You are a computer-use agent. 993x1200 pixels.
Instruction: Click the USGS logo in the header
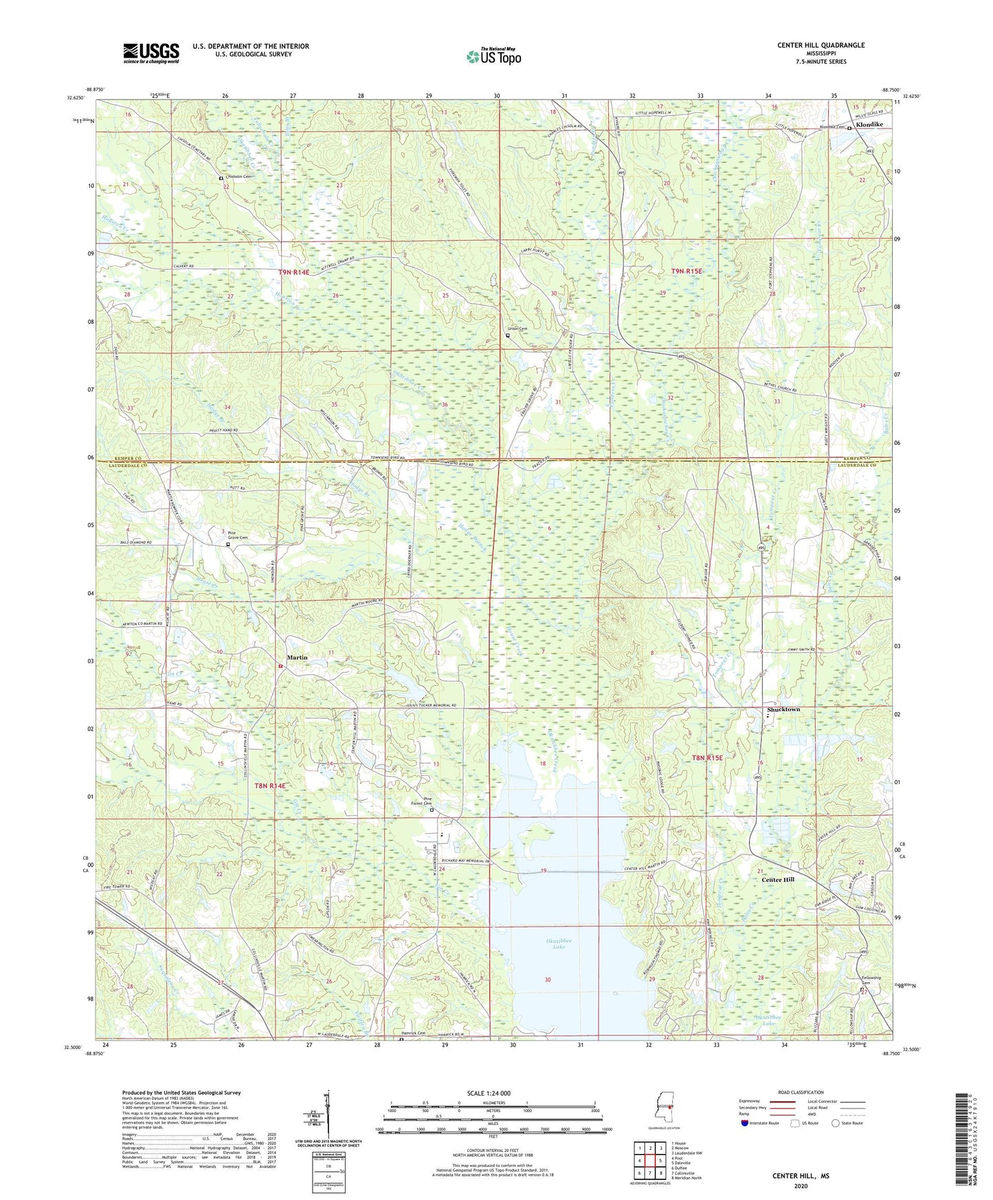(x=151, y=53)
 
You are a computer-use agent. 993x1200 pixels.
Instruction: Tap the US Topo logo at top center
(x=493, y=56)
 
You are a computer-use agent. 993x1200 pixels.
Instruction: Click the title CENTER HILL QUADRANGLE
(x=821, y=45)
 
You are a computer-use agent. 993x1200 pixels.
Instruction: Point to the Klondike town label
(x=869, y=125)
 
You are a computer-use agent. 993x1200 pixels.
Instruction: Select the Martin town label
(x=297, y=658)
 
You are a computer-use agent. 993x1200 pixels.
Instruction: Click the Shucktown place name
(x=783, y=709)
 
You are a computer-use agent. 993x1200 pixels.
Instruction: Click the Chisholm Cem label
(x=238, y=177)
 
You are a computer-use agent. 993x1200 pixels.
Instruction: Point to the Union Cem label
(x=517, y=329)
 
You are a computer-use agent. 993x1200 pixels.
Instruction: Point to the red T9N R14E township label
(x=293, y=273)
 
